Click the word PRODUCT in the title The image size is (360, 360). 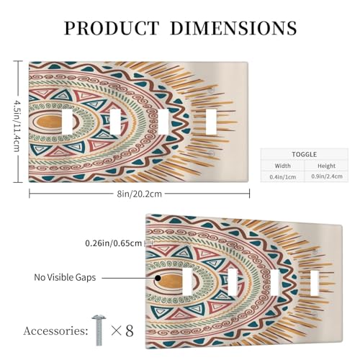tap(112, 28)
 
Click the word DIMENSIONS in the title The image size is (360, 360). tap(233, 28)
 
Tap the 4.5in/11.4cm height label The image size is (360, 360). tap(17, 122)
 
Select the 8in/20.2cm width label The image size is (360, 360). tap(139, 194)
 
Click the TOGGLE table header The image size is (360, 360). tap(304, 154)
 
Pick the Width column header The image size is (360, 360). tap(282, 166)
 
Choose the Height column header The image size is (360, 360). tap(326, 166)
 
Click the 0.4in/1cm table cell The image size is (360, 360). tap(282, 177)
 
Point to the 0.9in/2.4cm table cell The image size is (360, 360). tap(327, 176)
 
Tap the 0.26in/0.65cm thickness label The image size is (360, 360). tap(114, 243)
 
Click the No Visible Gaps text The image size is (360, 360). tap(65, 277)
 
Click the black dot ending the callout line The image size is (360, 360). tap(158, 278)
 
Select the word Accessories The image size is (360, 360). tap(55, 331)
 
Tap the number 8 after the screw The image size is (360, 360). tap(130, 330)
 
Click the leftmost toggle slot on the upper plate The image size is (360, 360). tap(67, 122)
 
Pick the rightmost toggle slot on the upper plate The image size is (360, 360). tap(211, 122)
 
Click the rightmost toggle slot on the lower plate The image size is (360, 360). tap(315, 283)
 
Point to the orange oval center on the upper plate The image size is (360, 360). tap(50, 122)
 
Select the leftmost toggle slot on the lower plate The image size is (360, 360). tap(187, 282)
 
